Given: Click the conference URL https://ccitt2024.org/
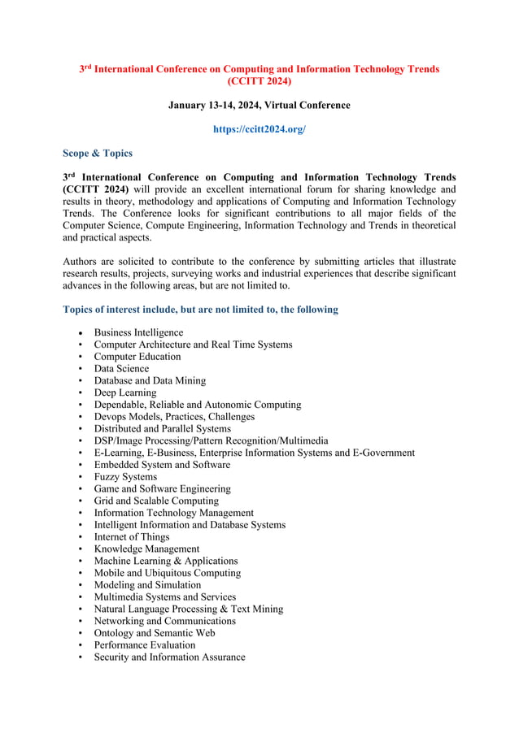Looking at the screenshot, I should point(259,129).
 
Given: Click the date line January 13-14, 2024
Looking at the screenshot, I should point(259,106).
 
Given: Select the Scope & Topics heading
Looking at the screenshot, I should point(97,153).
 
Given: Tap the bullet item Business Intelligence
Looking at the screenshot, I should point(138,332).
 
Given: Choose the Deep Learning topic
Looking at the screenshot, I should point(124,393).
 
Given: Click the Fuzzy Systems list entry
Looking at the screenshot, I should point(125,477).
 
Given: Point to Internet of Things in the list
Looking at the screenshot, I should point(131,537).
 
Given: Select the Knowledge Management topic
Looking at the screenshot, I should point(146,549).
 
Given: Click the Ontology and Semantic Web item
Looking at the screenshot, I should point(154,633).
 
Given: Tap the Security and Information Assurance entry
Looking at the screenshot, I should point(169,657).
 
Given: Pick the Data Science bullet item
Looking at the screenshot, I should point(121,368).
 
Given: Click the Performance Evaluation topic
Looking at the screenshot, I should point(144,645).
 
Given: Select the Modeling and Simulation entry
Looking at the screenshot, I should point(147,585).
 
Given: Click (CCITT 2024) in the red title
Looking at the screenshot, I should point(259,81).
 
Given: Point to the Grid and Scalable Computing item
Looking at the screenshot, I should point(155,501).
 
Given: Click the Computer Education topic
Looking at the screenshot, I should point(137,356).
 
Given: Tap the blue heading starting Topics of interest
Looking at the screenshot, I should point(200,310).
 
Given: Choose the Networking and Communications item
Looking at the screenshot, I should point(164,621).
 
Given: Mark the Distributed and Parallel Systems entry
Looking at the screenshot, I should point(162,428).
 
